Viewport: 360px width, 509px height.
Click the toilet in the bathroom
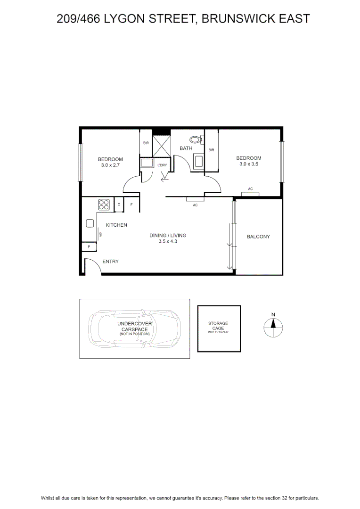pos(196,140)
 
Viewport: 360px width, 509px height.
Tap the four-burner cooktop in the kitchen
pos(104,205)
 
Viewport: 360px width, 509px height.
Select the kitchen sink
pos(90,223)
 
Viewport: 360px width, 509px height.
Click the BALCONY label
pos(258,237)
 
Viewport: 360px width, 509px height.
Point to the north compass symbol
pos(273,327)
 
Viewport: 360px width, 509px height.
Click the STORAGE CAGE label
pos(218,326)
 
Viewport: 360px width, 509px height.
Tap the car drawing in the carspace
pos(135,328)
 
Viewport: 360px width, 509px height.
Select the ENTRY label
pos(110,261)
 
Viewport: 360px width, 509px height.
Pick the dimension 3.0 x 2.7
pos(110,165)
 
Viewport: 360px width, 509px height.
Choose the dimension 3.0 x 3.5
pos(249,164)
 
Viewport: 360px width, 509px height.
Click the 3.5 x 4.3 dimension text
pos(168,241)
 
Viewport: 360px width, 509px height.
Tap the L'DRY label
pos(162,165)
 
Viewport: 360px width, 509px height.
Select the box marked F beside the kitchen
pos(131,205)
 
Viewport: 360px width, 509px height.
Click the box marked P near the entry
pos(89,246)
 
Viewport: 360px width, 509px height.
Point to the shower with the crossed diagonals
pos(161,146)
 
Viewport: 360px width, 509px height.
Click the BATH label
pos(186,148)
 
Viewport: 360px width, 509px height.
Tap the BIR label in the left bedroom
pos(146,143)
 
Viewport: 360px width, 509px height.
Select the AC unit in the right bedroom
pos(250,194)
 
